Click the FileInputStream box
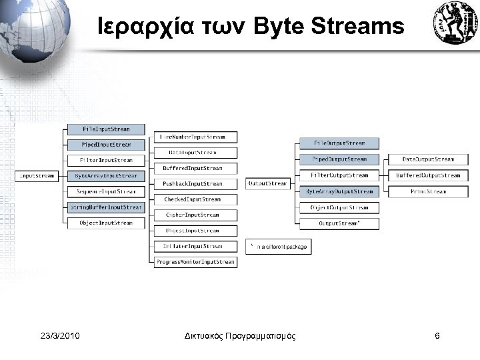pyautogui.click(x=106, y=129)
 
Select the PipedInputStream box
pyautogui.click(x=106, y=145)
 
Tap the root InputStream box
pyautogui.click(x=37, y=176)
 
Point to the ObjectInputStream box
pyautogui.click(x=106, y=223)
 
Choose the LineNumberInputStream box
pyautogui.click(x=195, y=137)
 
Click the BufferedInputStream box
pyautogui.click(x=195, y=169)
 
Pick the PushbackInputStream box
pyautogui.click(x=195, y=183)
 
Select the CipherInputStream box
pyautogui.click(x=195, y=215)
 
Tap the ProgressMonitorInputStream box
pyautogui.click(x=195, y=262)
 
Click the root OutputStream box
pyautogui.click(x=267, y=183)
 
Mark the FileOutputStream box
pyautogui.click(x=339, y=143)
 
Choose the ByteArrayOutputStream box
pyautogui.click(x=339, y=191)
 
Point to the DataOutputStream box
pyautogui.click(x=428, y=159)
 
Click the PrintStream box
pyautogui.click(x=428, y=191)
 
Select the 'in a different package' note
pyautogui.click(x=278, y=247)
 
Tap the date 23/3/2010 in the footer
pyautogui.click(x=60, y=336)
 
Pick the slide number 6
pyautogui.click(x=437, y=336)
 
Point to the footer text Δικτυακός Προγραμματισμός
pyautogui.click(x=240, y=336)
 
